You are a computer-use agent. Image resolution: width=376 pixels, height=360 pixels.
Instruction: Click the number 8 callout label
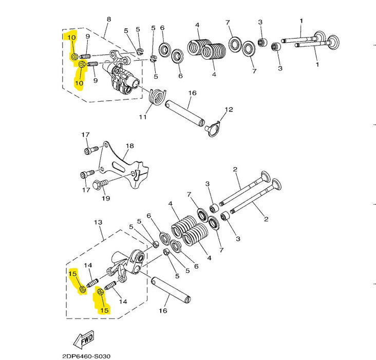coord(108,19)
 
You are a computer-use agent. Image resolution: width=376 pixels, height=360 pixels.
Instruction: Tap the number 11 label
coord(143,117)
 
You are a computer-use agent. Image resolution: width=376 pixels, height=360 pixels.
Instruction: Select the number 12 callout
coord(229,110)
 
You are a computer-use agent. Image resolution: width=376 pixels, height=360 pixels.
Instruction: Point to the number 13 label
coord(98,222)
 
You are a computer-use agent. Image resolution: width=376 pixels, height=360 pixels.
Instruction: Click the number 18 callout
coord(130,146)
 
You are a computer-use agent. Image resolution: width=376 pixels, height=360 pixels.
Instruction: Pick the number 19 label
coord(106,199)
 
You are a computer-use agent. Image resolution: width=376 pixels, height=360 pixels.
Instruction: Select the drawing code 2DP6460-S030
coord(86,356)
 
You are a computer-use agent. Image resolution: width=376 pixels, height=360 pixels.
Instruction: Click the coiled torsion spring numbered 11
coord(157,97)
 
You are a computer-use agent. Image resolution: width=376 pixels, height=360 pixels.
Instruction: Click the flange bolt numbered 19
coord(100,185)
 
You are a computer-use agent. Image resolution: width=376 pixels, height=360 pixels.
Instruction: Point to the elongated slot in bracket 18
coord(118,167)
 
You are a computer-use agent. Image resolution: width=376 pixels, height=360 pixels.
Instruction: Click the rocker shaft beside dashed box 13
coord(171,290)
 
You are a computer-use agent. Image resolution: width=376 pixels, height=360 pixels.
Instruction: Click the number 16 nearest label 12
coord(192,93)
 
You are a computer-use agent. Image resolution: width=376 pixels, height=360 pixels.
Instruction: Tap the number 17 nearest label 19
coord(86,190)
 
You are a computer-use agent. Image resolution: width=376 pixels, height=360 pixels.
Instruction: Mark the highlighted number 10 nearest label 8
coord(71,38)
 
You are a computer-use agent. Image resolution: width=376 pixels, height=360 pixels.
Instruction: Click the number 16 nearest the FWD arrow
coord(163,311)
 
